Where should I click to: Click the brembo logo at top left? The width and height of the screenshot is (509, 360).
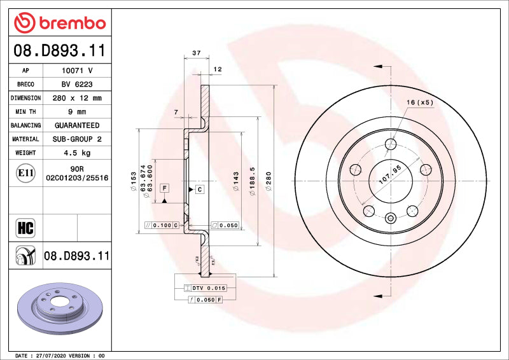click(x=60, y=23)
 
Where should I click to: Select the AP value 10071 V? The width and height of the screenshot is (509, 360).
click(x=77, y=71)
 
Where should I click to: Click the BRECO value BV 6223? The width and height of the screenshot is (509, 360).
click(x=77, y=85)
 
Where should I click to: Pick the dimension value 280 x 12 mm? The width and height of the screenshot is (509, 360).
click(x=77, y=99)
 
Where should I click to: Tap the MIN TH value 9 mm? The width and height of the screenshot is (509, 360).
click(x=77, y=112)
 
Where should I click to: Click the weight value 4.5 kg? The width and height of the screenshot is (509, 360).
click(x=77, y=153)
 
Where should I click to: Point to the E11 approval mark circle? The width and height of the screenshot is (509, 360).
click(x=25, y=172)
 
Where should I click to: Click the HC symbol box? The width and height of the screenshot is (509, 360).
click(x=25, y=227)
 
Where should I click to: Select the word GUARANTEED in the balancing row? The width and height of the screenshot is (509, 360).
click(x=77, y=126)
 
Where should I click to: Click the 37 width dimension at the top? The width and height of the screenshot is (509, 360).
click(x=196, y=53)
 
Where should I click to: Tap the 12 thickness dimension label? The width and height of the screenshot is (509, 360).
click(x=217, y=69)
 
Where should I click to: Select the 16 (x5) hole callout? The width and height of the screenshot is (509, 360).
click(x=421, y=102)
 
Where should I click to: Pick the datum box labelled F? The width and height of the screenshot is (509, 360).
click(x=164, y=188)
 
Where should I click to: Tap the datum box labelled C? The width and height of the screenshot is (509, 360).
click(x=199, y=190)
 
